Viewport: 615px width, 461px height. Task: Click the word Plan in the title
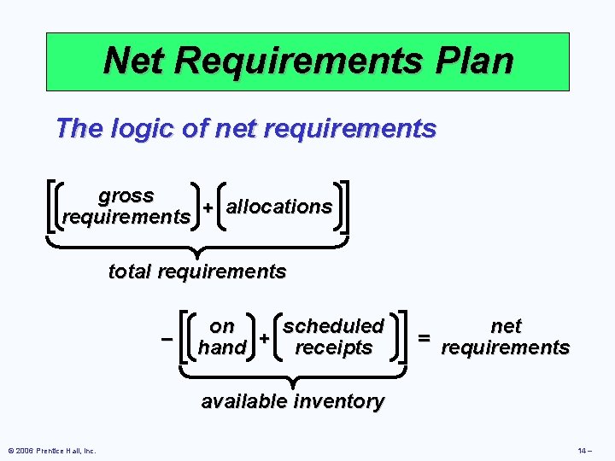click(x=469, y=61)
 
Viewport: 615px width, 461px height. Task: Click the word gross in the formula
click(x=126, y=195)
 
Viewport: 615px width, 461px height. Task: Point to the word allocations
click(x=279, y=207)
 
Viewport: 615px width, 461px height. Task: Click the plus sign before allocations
click(x=208, y=209)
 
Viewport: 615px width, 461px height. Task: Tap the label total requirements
click(x=197, y=272)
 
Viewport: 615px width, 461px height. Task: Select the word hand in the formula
click(x=223, y=348)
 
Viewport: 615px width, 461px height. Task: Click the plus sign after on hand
click(x=265, y=339)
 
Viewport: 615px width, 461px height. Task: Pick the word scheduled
click(x=334, y=326)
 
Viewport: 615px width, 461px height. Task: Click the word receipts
click(x=334, y=348)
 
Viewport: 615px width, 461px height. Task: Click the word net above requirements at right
click(x=506, y=326)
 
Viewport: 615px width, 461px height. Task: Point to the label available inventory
click(x=292, y=401)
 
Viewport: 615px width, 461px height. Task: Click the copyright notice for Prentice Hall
click(x=52, y=451)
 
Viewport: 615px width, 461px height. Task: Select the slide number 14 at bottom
click(x=583, y=451)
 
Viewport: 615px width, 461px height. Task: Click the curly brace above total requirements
click(x=197, y=247)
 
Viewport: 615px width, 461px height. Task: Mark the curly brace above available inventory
click(x=293, y=376)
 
